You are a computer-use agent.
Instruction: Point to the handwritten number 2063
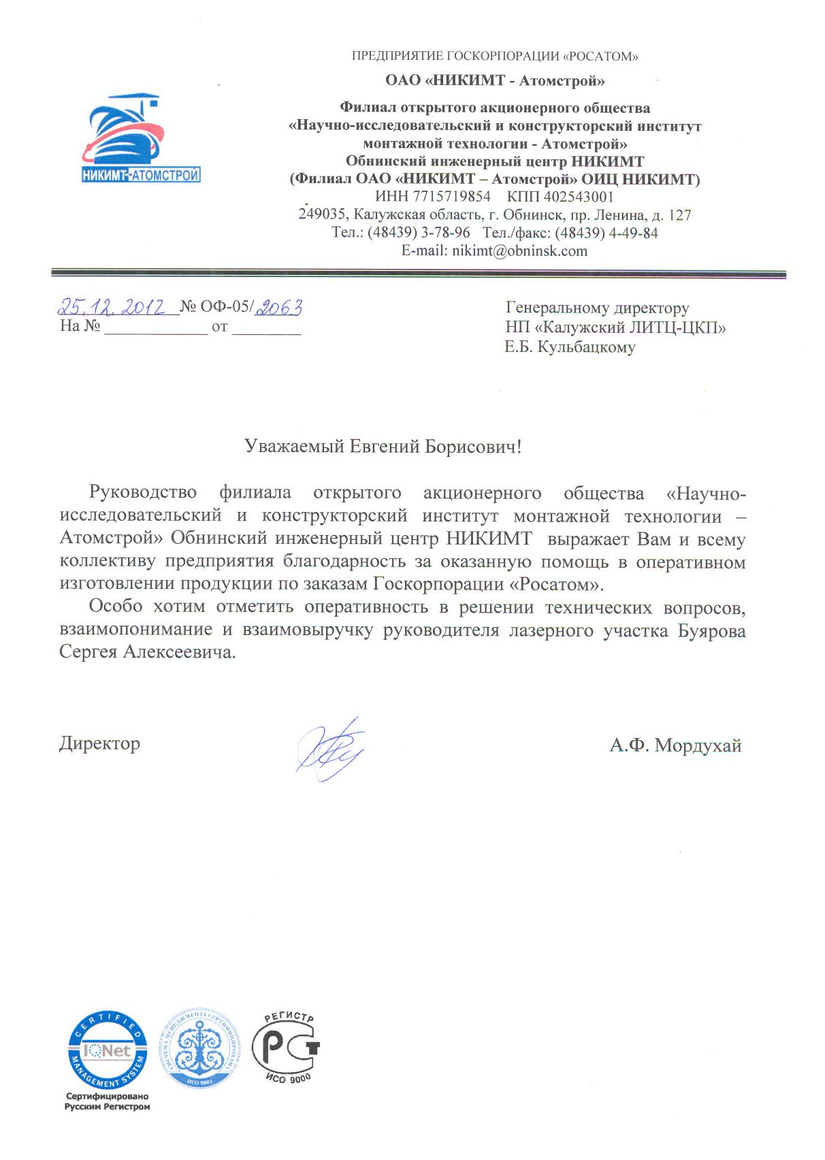[x=278, y=308]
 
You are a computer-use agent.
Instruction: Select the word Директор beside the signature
[x=100, y=743]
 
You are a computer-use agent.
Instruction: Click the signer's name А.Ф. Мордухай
[x=675, y=746]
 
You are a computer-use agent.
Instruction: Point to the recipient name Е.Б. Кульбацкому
[x=570, y=347]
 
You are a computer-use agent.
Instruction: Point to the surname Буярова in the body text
[x=711, y=631]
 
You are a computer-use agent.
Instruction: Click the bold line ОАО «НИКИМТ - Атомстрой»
[x=495, y=81]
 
